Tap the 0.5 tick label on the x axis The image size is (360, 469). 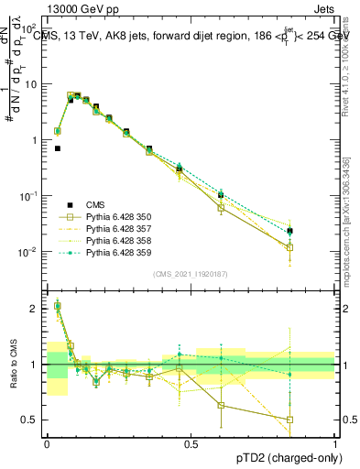coord(191,443)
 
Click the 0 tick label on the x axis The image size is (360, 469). coord(47,443)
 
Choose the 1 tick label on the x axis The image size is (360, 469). coord(334,443)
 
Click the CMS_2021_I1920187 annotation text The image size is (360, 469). coord(191,273)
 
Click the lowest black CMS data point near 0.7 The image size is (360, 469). coord(58,147)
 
